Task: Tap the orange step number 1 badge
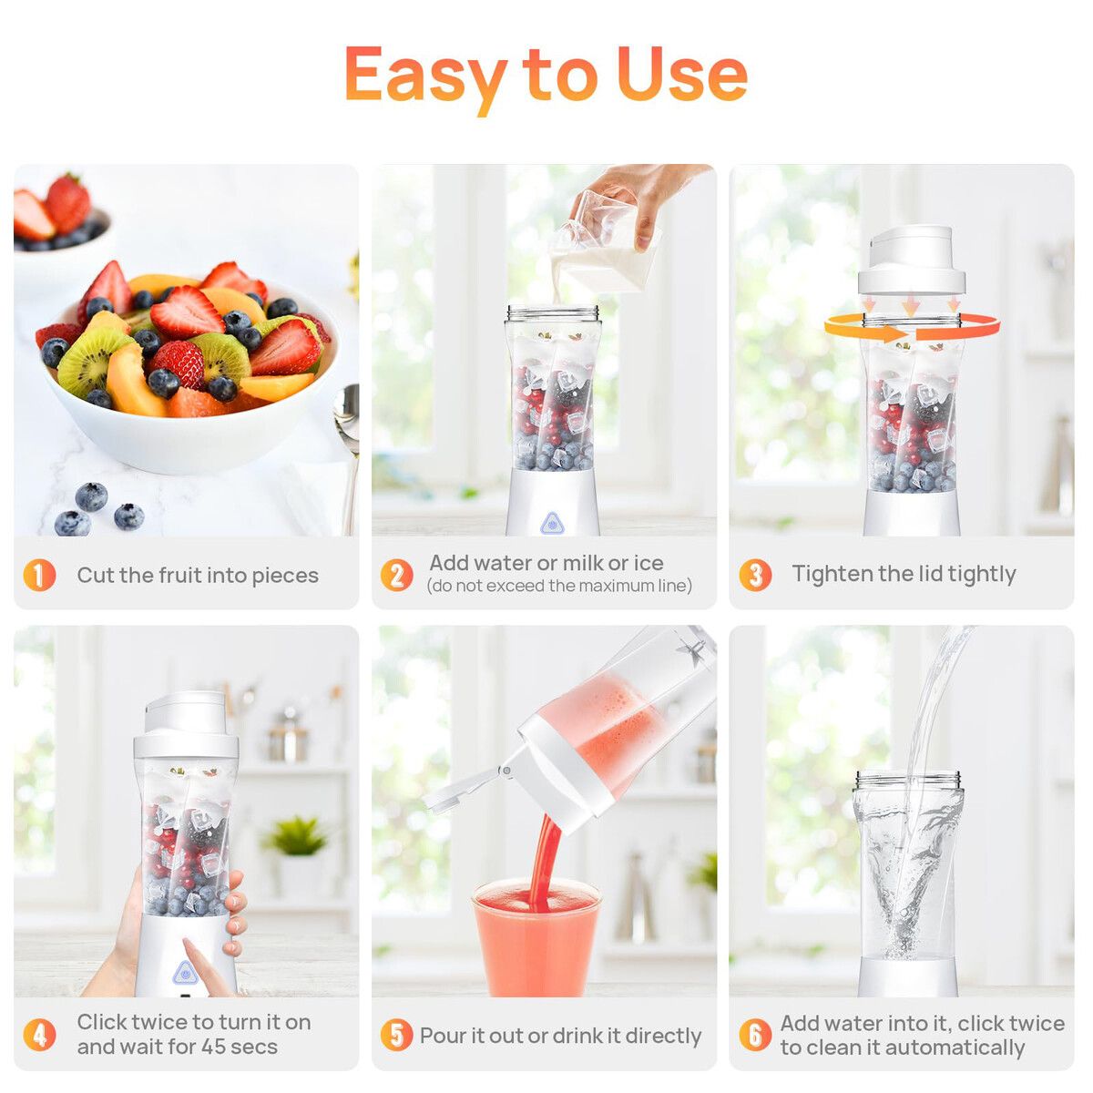pos(39,575)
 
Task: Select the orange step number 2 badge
pos(397,575)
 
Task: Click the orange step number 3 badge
pos(755,575)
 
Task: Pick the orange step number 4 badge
pos(39,1035)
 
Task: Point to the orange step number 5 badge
pos(397,1035)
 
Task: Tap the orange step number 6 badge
pos(755,1035)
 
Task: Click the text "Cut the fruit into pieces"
pos(198,575)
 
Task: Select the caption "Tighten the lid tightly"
pos(904,574)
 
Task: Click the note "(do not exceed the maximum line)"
pos(559,586)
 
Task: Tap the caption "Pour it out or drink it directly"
pos(560,1035)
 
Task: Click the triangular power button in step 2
pos(551,523)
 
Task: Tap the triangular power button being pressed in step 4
pos(184,974)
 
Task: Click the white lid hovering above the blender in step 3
pos(912,260)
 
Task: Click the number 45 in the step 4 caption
pos(215,1047)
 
